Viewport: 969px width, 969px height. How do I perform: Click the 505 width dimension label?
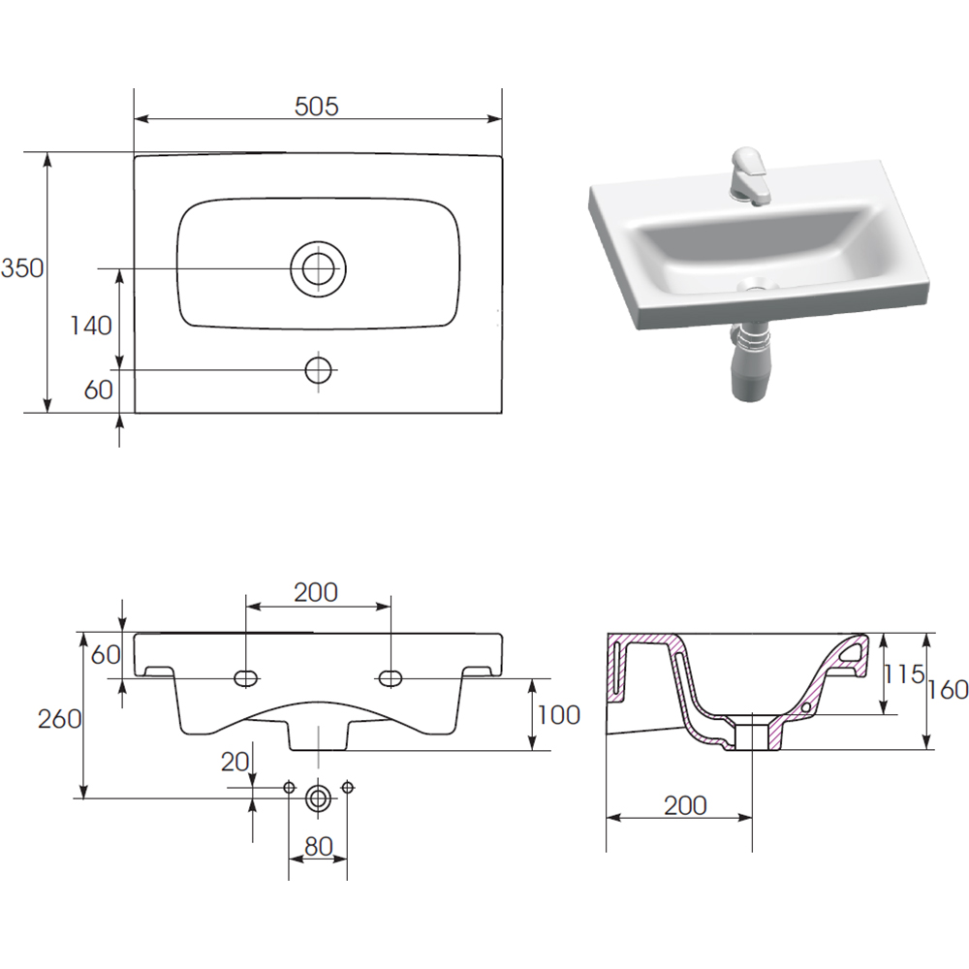pyautogui.click(x=317, y=107)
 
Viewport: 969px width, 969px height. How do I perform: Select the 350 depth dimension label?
pyautogui.click(x=22, y=268)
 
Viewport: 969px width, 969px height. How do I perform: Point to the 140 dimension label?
pyautogui.click(x=91, y=325)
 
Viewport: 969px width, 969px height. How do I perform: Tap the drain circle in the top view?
pyautogui.click(x=318, y=268)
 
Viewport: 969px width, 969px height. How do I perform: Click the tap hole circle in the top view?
pyautogui.click(x=318, y=370)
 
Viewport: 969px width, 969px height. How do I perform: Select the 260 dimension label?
pyautogui.click(x=59, y=719)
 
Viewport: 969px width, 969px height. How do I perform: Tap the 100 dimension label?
pyautogui.click(x=559, y=715)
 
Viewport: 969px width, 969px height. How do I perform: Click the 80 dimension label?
pyautogui.click(x=319, y=846)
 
